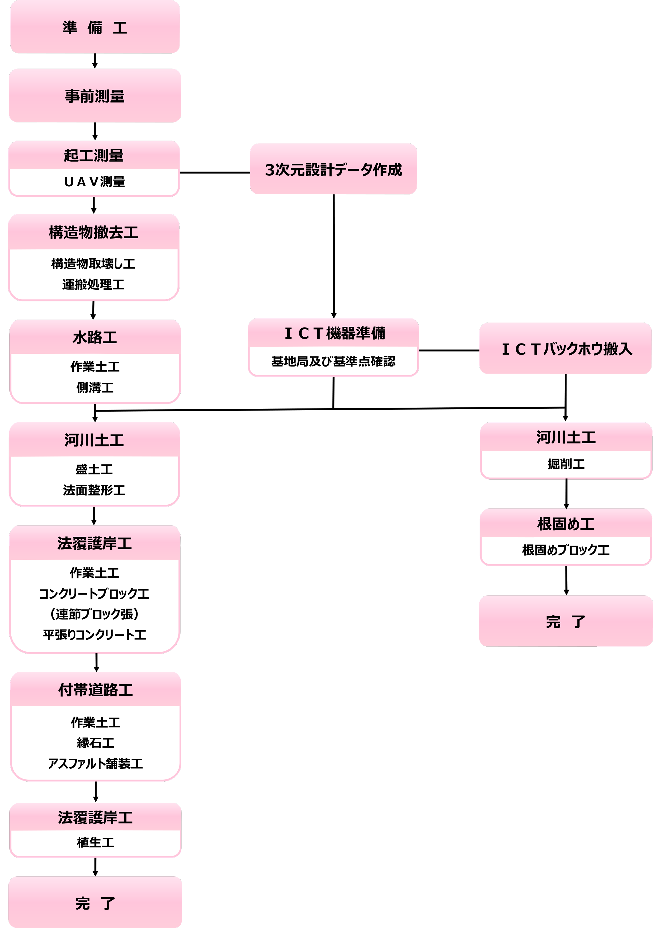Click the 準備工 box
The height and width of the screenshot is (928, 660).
[x=95, y=27]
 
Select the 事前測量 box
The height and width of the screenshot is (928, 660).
[x=95, y=96]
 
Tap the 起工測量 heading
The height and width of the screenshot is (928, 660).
[x=93, y=155]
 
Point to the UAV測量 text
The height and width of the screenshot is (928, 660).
[x=94, y=182]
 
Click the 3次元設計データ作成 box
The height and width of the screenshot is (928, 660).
[x=333, y=169]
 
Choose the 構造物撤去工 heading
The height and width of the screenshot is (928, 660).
[x=93, y=232]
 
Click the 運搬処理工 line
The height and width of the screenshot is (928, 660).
[x=93, y=284]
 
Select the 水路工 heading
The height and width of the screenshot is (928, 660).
[x=95, y=337]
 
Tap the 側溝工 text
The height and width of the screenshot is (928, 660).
[x=95, y=387]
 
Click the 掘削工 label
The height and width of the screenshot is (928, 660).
[x=566, y=464]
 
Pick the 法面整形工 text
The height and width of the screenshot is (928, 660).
[x=94, y=490]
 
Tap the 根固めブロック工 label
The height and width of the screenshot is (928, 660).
[x=565, y=550]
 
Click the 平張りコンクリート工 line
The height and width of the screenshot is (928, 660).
[x=94, y=635]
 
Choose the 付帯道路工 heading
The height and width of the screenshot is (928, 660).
[x=95, y=690]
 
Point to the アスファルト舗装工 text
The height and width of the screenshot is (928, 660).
[x=95, y=763]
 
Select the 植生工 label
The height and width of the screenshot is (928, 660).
[x=95, y=842]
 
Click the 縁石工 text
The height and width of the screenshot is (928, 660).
[x=95, y=743]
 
